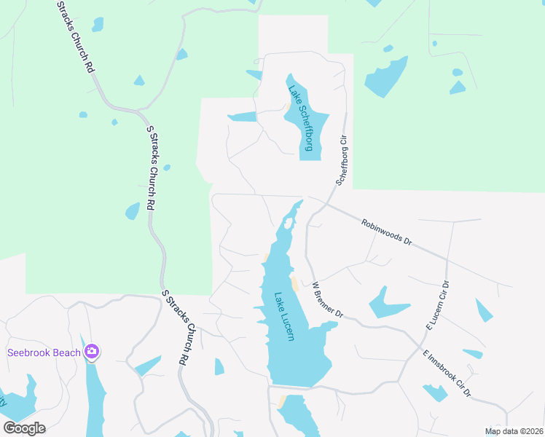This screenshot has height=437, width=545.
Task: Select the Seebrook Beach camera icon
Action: [92, 353]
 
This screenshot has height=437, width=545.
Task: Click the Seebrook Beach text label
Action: [44, 353]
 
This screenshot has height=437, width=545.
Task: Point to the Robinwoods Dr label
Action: [387, 233]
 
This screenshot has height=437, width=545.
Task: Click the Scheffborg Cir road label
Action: [342, 156]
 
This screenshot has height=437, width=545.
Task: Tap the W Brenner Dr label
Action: [327, 300]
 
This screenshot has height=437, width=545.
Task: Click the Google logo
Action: [24, 428]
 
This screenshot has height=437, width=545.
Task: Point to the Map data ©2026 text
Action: [513, 431]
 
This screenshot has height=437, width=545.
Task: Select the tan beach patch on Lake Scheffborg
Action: [289, 111]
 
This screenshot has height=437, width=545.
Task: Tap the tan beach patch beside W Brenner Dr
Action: [294, 283]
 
